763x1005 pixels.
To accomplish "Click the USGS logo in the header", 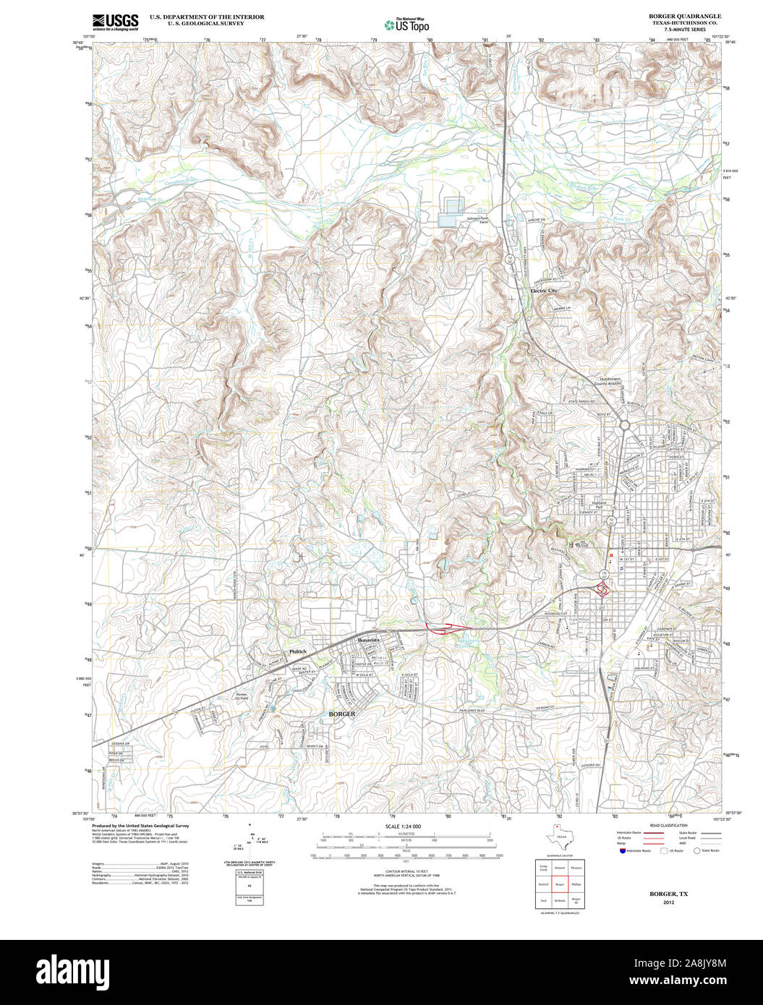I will [x=115, y=22].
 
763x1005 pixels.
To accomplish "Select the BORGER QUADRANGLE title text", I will [x=674, y=16].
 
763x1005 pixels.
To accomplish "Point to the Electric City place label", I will [x=544, y=291].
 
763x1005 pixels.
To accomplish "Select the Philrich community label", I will [x=298, y=651].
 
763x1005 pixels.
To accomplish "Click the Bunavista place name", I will [x=368, y=641].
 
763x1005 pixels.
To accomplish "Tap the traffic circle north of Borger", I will [x=624, y=426].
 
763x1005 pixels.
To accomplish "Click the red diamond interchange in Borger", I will [x=601, y=591].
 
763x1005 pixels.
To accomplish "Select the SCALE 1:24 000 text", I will [x=403, y=826].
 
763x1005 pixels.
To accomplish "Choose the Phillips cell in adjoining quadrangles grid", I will [x=576, y=884].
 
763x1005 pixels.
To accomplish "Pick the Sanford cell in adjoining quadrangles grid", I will [x=543, y=884].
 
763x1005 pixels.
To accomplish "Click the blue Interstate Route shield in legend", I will [x=622, y=851].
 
